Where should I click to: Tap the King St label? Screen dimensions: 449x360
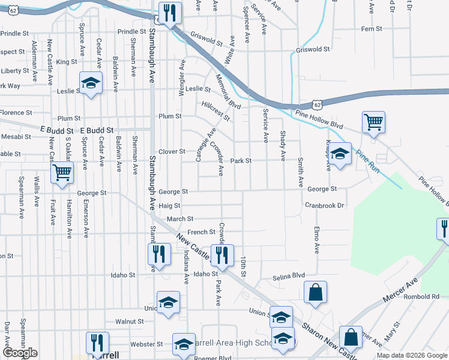(x=66, y=62)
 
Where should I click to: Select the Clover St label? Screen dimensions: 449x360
(x=172, y=152)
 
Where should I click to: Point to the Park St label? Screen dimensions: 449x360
(x=241, y=161)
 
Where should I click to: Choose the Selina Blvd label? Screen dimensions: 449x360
(x=289, y=277)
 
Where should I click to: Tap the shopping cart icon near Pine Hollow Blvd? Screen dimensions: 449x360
(x=373, y=123)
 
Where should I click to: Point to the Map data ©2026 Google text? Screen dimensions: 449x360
(x=412, y=355)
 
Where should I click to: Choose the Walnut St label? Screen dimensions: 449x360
(x=130, y=322)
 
